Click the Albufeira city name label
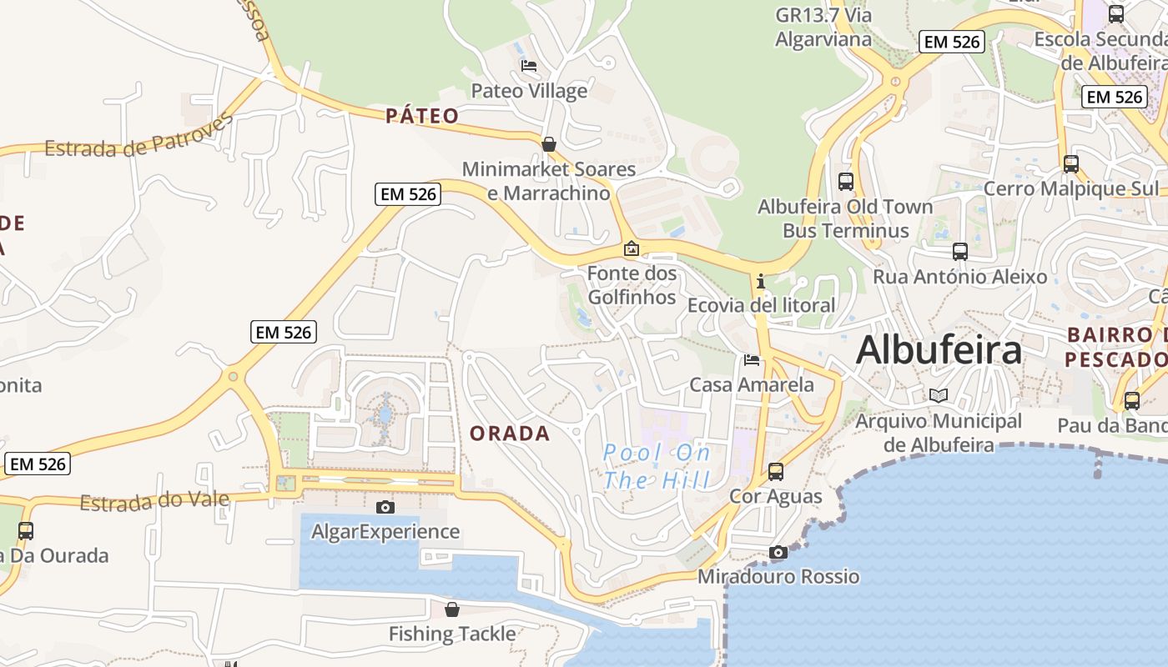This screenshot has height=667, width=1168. point(939,349)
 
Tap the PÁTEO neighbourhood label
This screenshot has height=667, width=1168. point(422,116)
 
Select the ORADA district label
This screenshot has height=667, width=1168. point(510,434)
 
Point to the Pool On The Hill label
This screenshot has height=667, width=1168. point(657,466)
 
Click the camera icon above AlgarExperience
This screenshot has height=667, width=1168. point(385,507)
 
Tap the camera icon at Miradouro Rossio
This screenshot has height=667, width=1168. point(778,553)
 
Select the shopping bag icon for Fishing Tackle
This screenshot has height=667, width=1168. point(451,610)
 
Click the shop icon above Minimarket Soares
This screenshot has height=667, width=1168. point(548,144)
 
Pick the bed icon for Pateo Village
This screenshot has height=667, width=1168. point(528,66)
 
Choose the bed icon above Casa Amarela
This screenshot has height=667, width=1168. point(752,360)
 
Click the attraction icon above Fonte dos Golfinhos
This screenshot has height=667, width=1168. point(632,248)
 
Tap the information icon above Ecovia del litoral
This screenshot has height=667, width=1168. point(760,282)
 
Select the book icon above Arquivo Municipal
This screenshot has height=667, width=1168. point(939,395)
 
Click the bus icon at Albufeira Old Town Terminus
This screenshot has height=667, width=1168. point(845,181)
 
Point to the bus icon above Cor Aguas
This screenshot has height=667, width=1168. point(776,472)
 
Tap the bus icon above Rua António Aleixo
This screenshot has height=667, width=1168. point(960,251)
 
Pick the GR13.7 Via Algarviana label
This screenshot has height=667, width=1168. point(823,27)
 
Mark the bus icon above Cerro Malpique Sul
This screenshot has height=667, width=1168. point(1071,164)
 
